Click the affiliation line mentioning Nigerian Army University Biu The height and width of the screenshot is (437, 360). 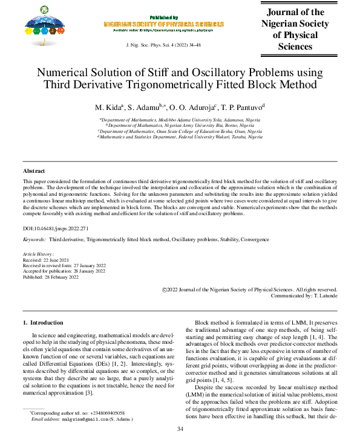(180, 126)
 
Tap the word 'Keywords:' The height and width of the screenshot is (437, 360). (35, 240)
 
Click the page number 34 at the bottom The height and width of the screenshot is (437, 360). (180, 429)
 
